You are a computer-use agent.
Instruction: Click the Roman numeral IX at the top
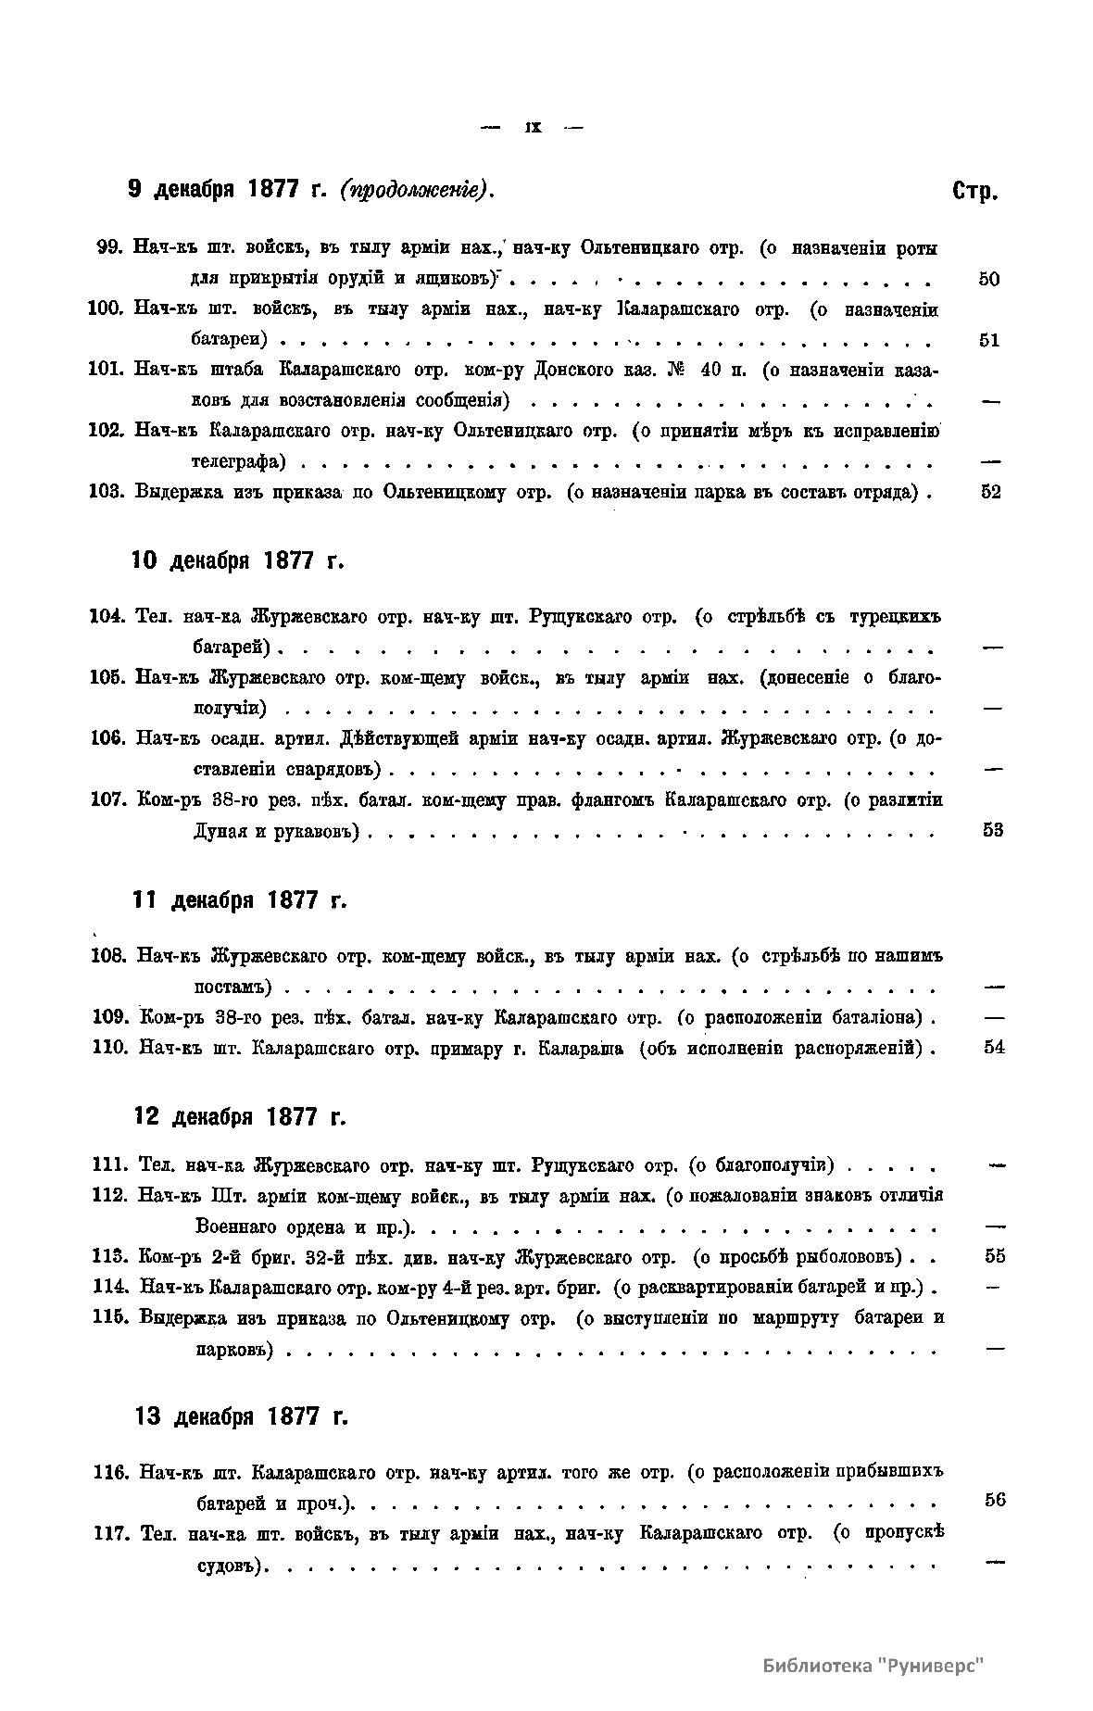(x=533, y=129)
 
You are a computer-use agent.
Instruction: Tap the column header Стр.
(x=974, y=192)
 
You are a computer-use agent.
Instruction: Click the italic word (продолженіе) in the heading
(x=414, y=190)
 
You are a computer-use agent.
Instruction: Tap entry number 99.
(x=110, y=248)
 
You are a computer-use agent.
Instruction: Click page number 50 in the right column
(x=988, y=279)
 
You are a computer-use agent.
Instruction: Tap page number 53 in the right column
(x=992, y=830)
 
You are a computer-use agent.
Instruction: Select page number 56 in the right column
(x=995, y=1501)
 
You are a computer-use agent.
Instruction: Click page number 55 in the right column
(x=995, y=1257)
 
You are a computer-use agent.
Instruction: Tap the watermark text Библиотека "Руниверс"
(x=872, y=1665)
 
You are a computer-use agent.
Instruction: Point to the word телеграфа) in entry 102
(x=238, y=461)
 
